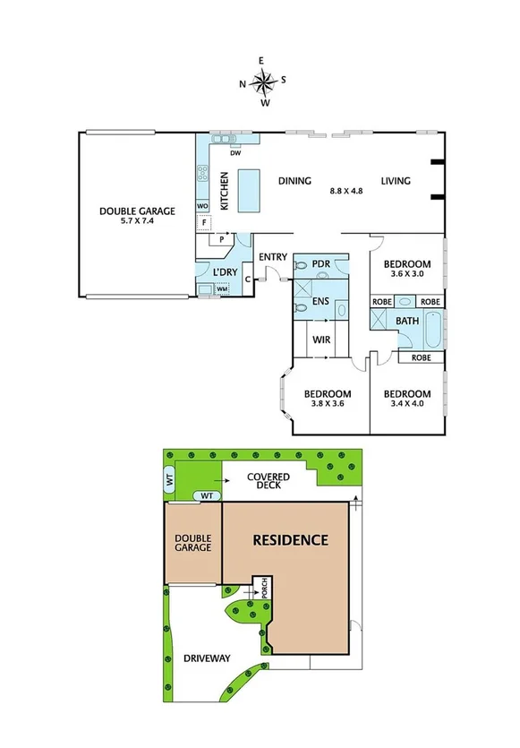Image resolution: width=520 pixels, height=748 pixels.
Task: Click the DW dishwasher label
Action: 235,153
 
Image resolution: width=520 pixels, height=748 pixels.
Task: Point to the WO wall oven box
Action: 203,204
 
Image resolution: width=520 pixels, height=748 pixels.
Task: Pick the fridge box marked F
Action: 205,222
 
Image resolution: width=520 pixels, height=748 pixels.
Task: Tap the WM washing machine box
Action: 222,290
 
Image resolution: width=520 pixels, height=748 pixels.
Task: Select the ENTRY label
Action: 272,258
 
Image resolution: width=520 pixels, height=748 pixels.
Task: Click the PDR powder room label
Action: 322,265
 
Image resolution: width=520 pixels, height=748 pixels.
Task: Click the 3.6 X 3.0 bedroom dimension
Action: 407,276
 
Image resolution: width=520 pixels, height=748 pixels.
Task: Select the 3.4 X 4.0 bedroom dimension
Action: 407,405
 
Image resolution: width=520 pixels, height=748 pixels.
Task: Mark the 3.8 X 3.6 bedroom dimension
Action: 327,405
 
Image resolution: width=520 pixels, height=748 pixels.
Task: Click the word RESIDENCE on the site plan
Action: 289,540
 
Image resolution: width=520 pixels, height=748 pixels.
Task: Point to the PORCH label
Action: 264,589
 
